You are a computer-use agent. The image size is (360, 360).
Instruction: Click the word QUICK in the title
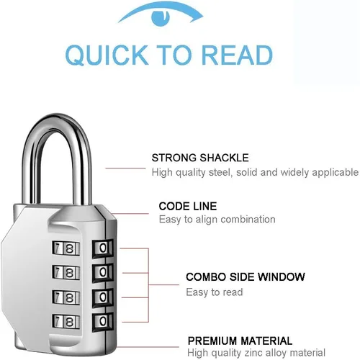point(107,55)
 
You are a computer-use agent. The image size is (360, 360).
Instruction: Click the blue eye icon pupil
point(161,17)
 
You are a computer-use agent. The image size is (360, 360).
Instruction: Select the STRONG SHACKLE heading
point(200,158)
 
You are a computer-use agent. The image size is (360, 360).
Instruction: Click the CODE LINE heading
point(188,207)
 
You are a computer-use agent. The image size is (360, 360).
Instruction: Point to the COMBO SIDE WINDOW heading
point(246,277)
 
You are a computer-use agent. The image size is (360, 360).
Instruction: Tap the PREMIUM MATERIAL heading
point(240,341)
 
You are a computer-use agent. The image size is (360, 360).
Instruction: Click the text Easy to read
point(215,292)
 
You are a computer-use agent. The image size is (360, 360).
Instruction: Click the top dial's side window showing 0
point(103,248)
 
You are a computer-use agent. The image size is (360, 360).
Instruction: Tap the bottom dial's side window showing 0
point(103,321)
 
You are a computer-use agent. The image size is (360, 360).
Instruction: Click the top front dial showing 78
point(66,248)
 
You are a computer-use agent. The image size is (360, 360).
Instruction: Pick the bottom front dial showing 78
point(66,321)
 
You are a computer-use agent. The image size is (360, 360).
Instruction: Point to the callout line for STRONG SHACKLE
point(125,168)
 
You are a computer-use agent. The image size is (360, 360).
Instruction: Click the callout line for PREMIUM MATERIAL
point(148,347)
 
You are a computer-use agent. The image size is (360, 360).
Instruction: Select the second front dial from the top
point(66,273)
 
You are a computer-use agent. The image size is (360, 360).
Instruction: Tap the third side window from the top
point(103,297)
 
